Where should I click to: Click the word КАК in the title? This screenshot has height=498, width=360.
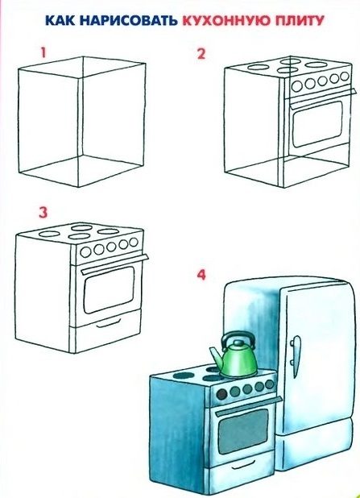61,21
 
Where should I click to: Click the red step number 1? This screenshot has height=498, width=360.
43,52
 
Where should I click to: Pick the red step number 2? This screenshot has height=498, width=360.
201,54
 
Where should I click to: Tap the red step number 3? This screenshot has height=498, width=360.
43,213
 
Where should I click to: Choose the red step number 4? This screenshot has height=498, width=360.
201,275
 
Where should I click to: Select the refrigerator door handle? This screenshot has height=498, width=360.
296,347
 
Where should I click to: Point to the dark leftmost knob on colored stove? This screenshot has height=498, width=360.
222,395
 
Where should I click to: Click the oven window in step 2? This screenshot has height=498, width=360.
317,124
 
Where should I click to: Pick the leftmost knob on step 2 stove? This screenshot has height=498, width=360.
297,85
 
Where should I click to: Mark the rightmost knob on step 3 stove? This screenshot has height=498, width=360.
134,243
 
